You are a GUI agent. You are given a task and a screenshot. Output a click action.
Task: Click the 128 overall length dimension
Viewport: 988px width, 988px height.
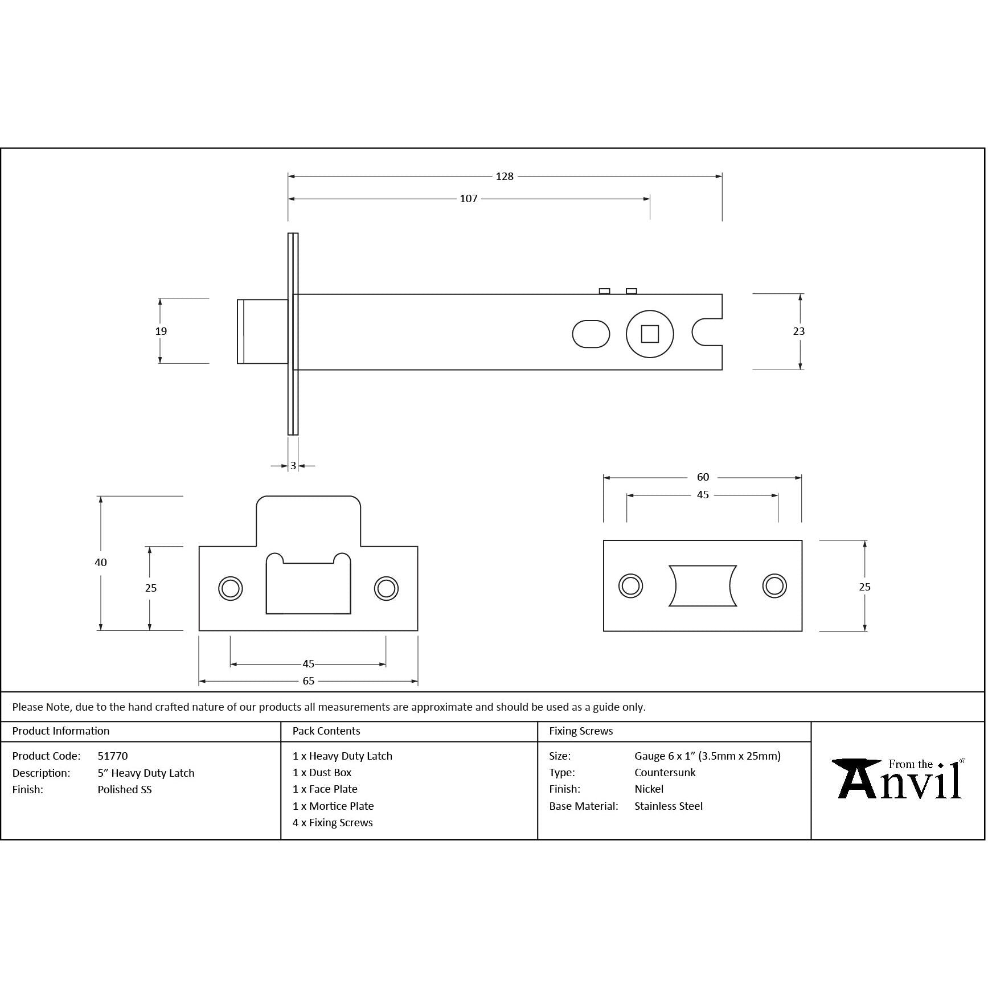504,177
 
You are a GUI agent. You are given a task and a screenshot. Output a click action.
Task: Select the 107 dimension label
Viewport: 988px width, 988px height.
468,199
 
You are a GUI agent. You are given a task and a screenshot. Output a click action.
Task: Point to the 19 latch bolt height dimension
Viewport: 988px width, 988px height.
161,331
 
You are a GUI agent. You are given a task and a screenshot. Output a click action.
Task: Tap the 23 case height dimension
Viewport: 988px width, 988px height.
798,331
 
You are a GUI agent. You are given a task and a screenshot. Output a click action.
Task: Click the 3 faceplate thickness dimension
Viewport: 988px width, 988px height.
293,466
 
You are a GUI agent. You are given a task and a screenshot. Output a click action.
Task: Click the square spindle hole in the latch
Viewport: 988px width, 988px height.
649,334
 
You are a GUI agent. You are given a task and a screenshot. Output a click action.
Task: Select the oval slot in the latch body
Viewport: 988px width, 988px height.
591,334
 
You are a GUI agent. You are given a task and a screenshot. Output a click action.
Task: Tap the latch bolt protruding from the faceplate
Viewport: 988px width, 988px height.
262,331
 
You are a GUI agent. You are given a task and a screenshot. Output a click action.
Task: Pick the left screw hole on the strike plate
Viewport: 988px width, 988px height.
231,588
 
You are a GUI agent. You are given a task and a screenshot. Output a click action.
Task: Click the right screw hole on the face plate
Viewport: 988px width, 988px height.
774,585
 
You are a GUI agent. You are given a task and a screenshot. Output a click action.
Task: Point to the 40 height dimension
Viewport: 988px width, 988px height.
101,562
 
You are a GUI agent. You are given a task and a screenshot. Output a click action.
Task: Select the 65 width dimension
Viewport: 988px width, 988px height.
308,681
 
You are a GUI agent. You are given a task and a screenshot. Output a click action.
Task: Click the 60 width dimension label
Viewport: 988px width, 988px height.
703,477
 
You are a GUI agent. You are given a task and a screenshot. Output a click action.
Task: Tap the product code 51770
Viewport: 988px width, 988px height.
113,756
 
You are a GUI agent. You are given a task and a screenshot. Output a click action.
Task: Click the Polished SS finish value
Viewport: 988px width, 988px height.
125,790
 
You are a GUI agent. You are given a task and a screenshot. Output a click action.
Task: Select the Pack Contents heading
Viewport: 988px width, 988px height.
326,731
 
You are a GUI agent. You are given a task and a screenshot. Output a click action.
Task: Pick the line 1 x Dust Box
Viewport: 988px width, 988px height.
322,773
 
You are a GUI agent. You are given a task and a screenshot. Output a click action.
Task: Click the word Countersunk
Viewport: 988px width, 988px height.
665,773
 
